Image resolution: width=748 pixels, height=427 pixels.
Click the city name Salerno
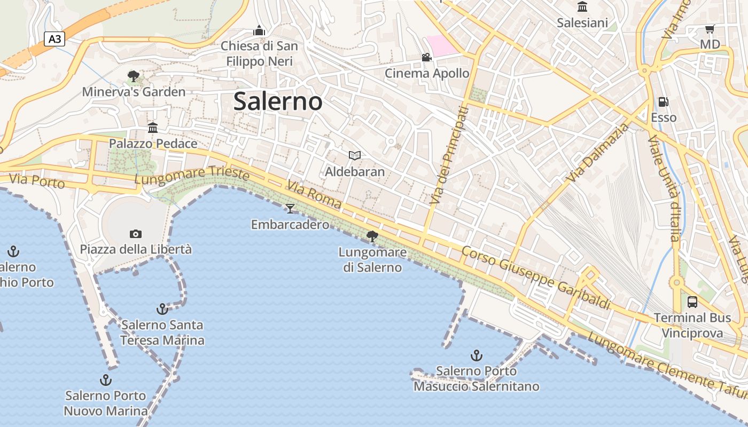tap(278, 101)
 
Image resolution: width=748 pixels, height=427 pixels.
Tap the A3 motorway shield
tap(54, 39)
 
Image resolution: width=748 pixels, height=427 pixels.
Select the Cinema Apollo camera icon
tap(426, 57)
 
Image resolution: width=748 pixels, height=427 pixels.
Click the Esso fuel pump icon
tap(663, 101)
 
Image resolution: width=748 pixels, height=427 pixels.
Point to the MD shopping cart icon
tap(710, 29)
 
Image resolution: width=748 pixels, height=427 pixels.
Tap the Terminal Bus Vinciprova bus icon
tap(692, 302)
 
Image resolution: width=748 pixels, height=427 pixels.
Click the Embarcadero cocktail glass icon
tap(290, 208)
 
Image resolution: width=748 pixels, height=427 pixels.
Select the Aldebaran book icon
tap(355, 155)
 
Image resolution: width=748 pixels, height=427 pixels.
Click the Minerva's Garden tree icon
tap(134, 76)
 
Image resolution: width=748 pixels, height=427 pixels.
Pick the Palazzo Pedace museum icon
tap(153, 128)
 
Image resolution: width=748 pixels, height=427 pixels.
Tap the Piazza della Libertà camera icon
tap(136, 234)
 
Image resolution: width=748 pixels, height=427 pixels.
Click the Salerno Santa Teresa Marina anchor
tap(162, 309)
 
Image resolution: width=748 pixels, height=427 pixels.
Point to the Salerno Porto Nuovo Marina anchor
tap(106, 380)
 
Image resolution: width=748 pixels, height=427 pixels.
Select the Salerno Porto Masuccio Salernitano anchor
tap(476, 355)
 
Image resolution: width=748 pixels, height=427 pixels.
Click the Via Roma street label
tap(314, 194)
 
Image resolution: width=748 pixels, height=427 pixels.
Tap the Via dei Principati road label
tap(448, 155)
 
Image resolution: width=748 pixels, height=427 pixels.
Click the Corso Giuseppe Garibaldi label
tap(535, 277)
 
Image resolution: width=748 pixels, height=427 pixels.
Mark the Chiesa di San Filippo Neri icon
tap(259, 30)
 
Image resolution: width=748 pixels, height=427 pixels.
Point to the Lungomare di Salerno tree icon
tap(372, 236)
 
